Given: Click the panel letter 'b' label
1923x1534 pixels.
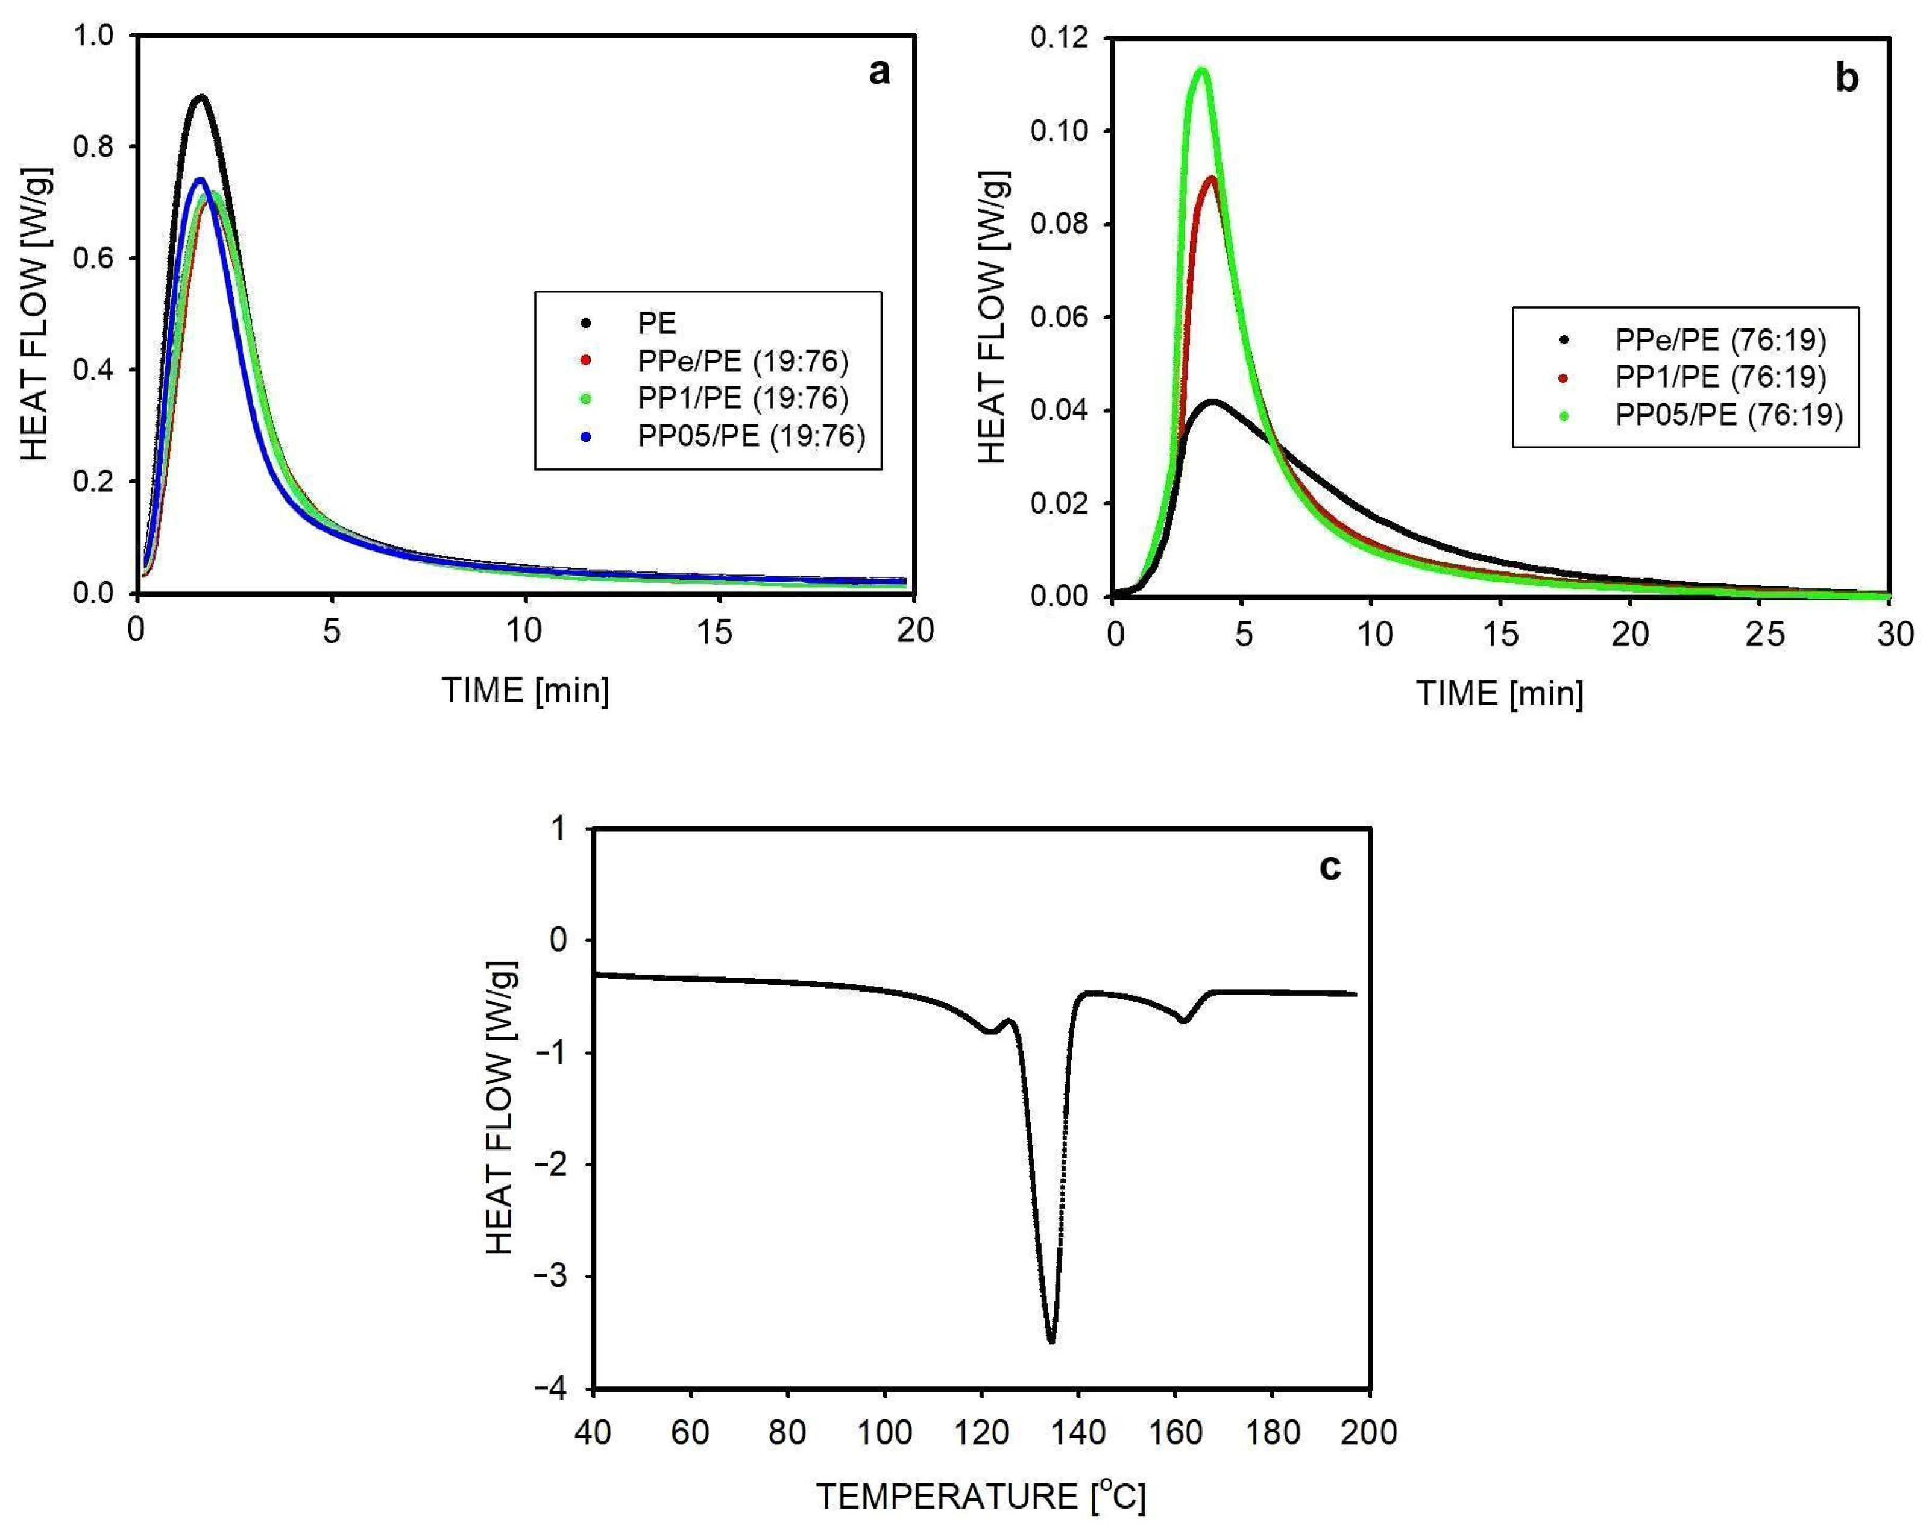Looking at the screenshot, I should point(1846,78).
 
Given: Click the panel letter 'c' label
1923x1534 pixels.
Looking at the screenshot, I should point(1329,866).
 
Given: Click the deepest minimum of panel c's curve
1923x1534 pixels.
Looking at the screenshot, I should point(1051,1341).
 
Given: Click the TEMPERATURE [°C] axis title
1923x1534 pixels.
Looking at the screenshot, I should point(980,1495).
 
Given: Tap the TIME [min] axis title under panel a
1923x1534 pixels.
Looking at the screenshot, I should point(525,690).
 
